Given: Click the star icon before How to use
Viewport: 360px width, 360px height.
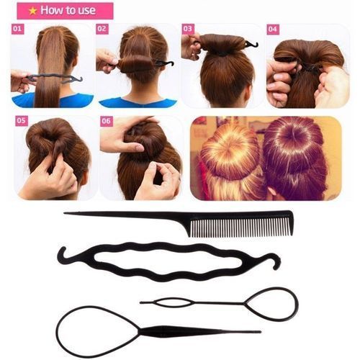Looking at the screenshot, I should pos(32,11).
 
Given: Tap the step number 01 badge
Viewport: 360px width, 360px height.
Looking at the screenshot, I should pos(17,30).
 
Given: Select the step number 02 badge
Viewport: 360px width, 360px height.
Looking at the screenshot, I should pos(102,30).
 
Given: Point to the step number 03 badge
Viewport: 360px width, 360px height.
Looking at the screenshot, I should pos(188,30).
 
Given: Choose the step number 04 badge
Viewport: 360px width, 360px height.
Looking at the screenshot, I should pos(273,30).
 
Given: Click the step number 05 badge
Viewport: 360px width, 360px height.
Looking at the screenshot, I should pos(21,120).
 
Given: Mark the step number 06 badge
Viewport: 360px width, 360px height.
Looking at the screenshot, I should pos(106,120).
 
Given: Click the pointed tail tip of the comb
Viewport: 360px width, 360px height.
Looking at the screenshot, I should pos(66,212).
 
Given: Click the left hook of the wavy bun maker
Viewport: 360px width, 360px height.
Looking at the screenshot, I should pos(63,254).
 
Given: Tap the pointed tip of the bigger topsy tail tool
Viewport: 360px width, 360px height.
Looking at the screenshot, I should pos(258,332).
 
